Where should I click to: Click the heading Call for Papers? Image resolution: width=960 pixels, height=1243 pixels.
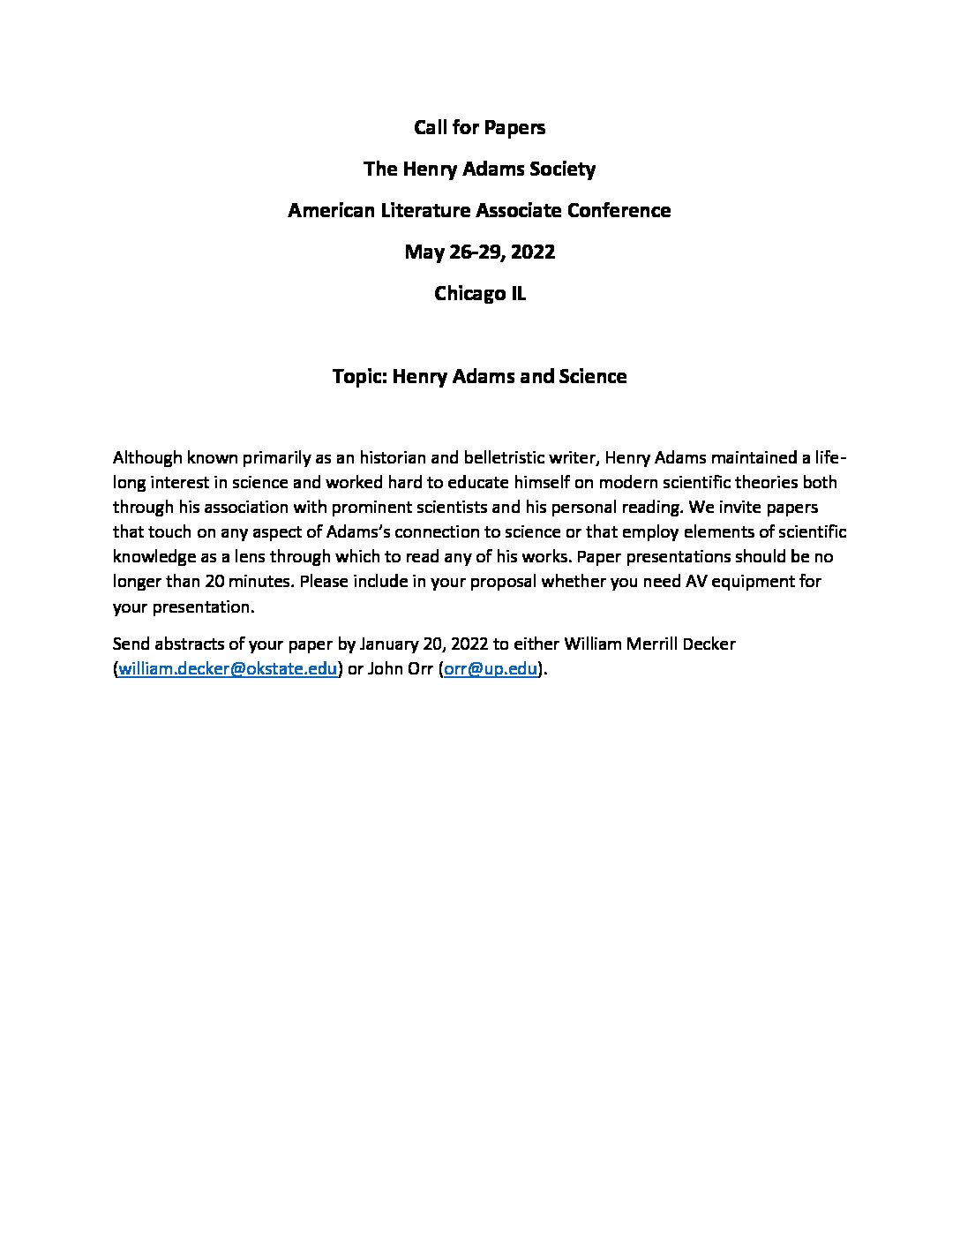(x=479, y=128)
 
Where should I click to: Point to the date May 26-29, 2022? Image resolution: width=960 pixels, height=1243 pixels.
(x=479, y=252)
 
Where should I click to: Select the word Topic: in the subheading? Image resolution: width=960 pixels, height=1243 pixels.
(x=359, y=377)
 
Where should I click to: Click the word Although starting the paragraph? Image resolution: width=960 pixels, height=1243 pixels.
(x=146, y=458)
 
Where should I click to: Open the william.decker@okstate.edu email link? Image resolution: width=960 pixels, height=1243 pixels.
(x=228, y=669)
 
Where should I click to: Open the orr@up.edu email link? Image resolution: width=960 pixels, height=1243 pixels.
(x=491, y=669)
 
